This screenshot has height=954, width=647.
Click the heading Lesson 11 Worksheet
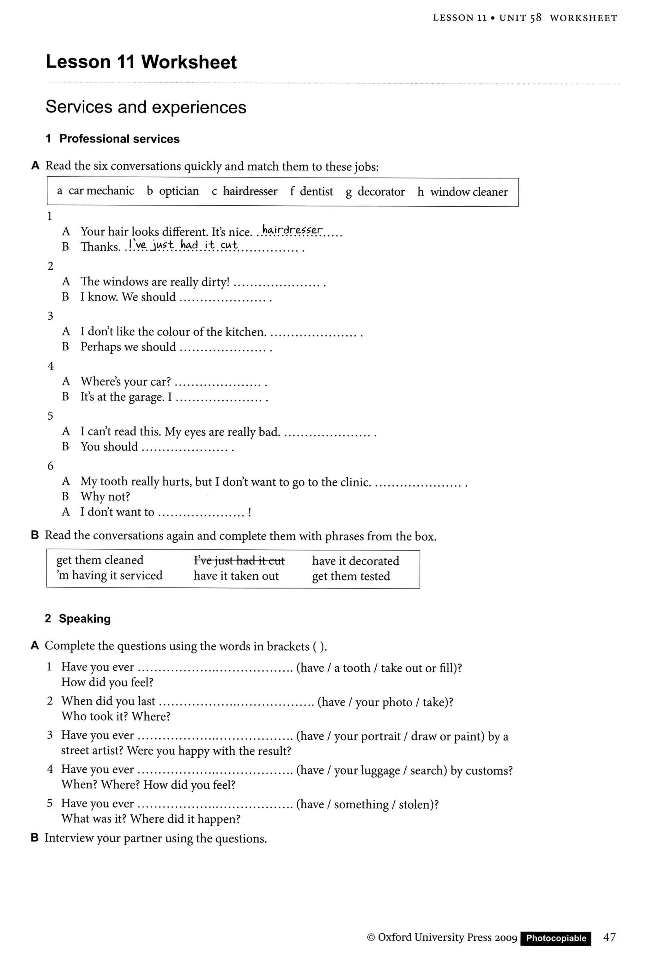[141, 62]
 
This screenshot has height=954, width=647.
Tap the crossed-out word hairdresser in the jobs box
[250, 191]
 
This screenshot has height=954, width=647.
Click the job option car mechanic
[101, 191]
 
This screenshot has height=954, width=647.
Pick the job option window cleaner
[469, 192]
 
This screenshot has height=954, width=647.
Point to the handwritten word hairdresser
[292, 230]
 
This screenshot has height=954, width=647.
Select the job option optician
[178, 191]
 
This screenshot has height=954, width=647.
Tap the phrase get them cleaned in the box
[100, 560]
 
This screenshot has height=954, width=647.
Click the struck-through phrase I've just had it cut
[239, 560]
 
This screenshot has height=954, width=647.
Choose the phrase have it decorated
[355, 561]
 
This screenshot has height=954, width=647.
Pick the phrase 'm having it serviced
[110, 576]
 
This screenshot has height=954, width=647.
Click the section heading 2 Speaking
[78, 619]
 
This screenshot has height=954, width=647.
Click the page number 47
[609, 937]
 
